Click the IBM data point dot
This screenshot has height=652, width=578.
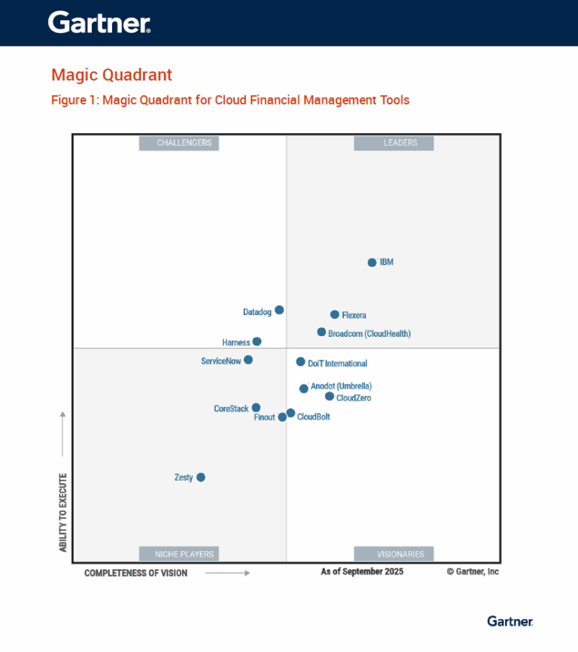[x=372, y=262]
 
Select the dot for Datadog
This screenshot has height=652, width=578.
[x=279, y=310]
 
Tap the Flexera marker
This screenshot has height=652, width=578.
[x=335, y=314]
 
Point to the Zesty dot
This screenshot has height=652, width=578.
[x=201, y=478]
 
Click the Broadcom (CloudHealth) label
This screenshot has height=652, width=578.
[x=370, y=333]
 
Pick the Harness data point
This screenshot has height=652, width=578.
[x=257, y=341]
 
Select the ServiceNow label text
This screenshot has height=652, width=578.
[x=221, y=361]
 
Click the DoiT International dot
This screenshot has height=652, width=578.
[x=300, y=362]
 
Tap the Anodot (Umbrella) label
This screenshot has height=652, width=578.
[x=341, y=387]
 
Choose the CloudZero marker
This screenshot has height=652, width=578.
[x=330, y=396]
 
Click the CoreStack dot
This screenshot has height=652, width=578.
[x=256, y=408]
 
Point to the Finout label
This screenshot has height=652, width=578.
[x=264, y=417]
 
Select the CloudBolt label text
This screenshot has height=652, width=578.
[x=314, y=417]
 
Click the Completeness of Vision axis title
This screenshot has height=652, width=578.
[x=136, y=573]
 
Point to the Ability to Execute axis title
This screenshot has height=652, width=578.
[x=63, y=512]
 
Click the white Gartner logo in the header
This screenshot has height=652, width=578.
[x=99, y=23]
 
